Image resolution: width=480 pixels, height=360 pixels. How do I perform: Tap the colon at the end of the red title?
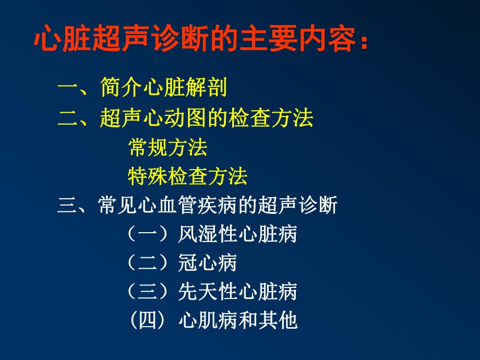pyautogui.click(x=364, y=41)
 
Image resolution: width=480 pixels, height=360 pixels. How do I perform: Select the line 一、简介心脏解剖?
pyautogui.click(x=142, y=88)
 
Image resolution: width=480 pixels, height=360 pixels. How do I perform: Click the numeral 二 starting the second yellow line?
pyautogui.click(x=67, y=118)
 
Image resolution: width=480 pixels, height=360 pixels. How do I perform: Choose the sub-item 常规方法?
pyautogui.click(x=167, y=148)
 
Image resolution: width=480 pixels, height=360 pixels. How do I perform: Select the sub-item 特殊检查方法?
pyautogui.click(x=187, y=177)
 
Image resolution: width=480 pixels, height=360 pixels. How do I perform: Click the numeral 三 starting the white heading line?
pyautogui.click(x=67, y=206)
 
